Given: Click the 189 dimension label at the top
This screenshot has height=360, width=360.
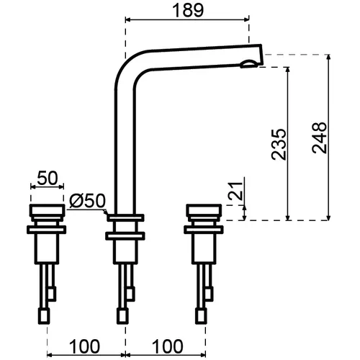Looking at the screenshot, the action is point(188,10).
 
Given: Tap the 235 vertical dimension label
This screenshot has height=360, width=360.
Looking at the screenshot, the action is point(279,145).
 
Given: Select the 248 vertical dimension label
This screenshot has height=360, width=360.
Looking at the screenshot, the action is point(320,138).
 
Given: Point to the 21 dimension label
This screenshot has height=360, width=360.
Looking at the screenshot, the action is point(235,191).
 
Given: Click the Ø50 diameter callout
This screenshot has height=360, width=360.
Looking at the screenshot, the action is point(87,201).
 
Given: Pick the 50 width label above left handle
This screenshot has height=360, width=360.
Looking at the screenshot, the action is point(48,178).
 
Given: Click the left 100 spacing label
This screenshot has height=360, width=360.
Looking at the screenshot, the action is point(84,346).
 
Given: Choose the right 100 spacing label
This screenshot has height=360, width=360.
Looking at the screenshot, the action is point(168,346).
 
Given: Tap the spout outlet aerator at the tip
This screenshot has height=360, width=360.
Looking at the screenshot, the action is point(249,64).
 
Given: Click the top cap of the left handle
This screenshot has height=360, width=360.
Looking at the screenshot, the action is point(47,210).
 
